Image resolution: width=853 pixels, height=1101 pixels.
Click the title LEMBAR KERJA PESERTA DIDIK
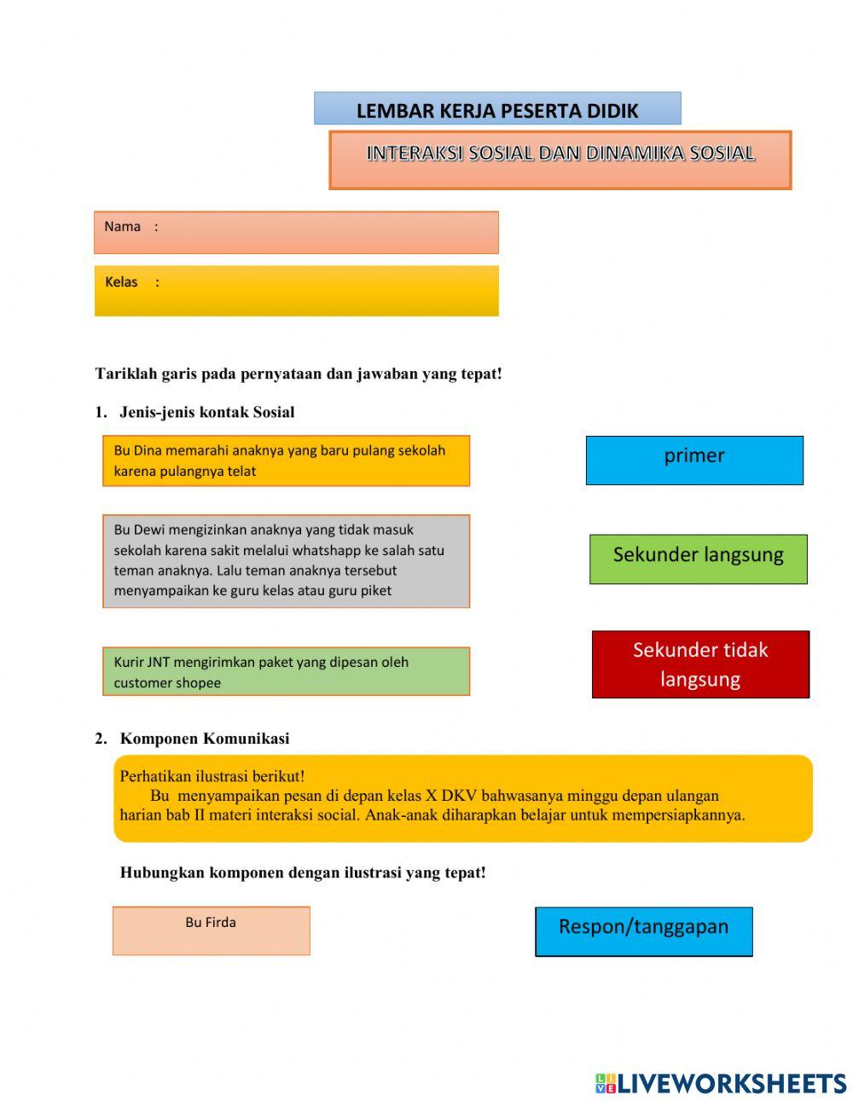497,110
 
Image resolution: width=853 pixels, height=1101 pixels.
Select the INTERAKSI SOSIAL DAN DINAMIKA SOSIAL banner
560,159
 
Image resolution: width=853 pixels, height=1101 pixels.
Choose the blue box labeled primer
694,461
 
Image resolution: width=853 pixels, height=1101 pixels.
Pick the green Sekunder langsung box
698,559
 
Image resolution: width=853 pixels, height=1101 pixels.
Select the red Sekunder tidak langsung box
700,664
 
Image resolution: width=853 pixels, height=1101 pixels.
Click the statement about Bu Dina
286,461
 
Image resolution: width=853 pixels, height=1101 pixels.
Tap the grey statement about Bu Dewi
286,560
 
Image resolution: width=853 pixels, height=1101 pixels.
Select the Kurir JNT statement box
286,671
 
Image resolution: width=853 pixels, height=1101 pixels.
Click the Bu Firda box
211,930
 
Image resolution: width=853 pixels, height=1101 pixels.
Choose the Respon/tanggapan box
644,931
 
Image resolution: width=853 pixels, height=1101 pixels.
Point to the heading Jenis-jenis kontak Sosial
206,412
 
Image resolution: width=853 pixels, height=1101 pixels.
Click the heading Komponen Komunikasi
204,739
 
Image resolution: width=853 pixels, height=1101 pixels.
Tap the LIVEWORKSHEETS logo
721,1083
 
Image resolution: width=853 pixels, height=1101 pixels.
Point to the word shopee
199,683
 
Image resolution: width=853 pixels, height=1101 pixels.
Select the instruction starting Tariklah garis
299,374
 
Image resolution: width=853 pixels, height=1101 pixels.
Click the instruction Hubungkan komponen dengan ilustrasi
303,872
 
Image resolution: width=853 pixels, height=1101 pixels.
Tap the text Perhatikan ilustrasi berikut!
212,776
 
